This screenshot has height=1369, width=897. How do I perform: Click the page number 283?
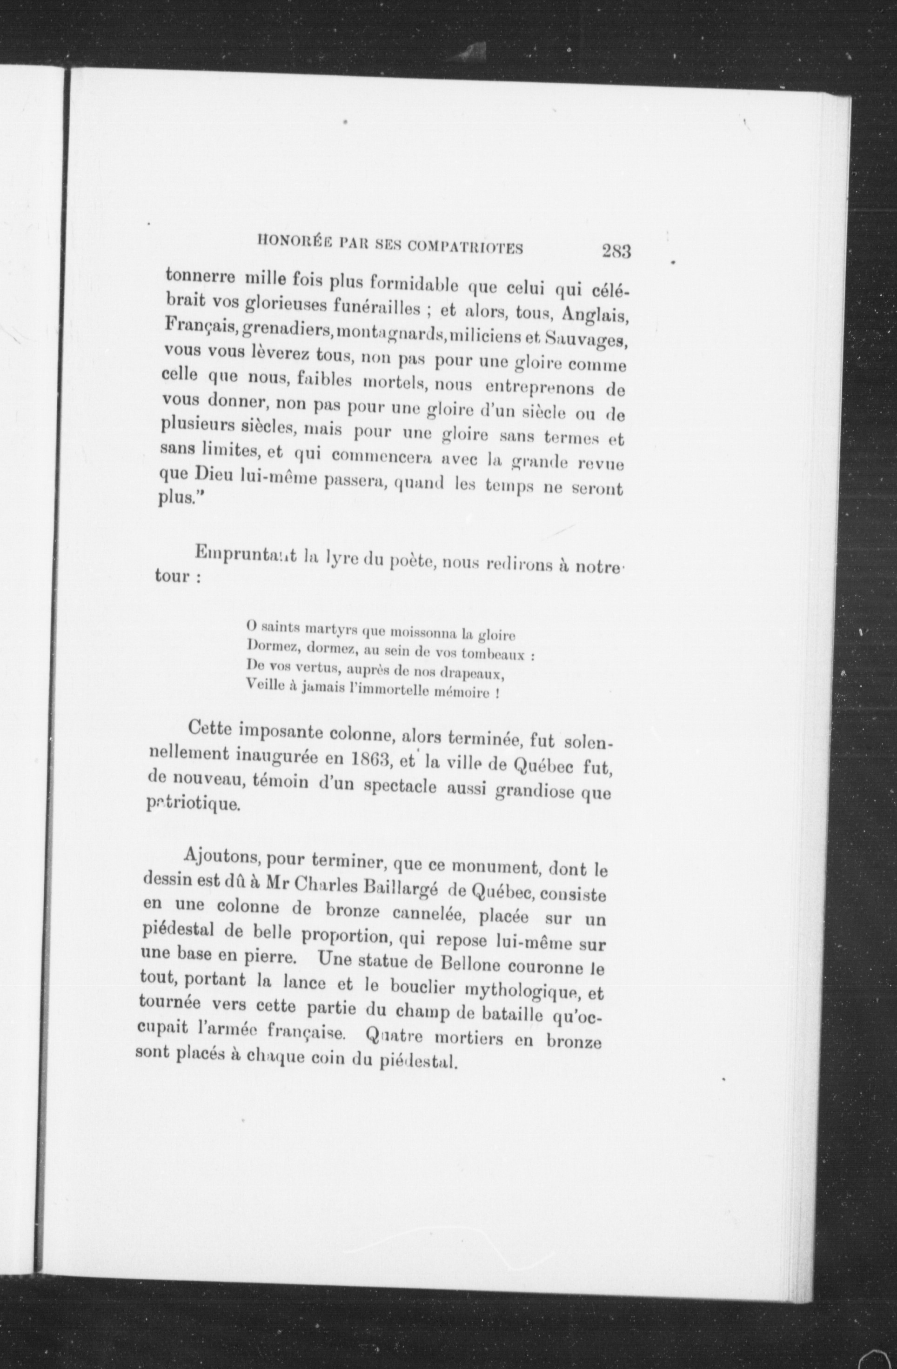pyautogui.click(x=616, y=251)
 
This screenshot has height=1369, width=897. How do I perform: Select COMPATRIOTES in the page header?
pyautogui.click(x=465, y=247)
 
